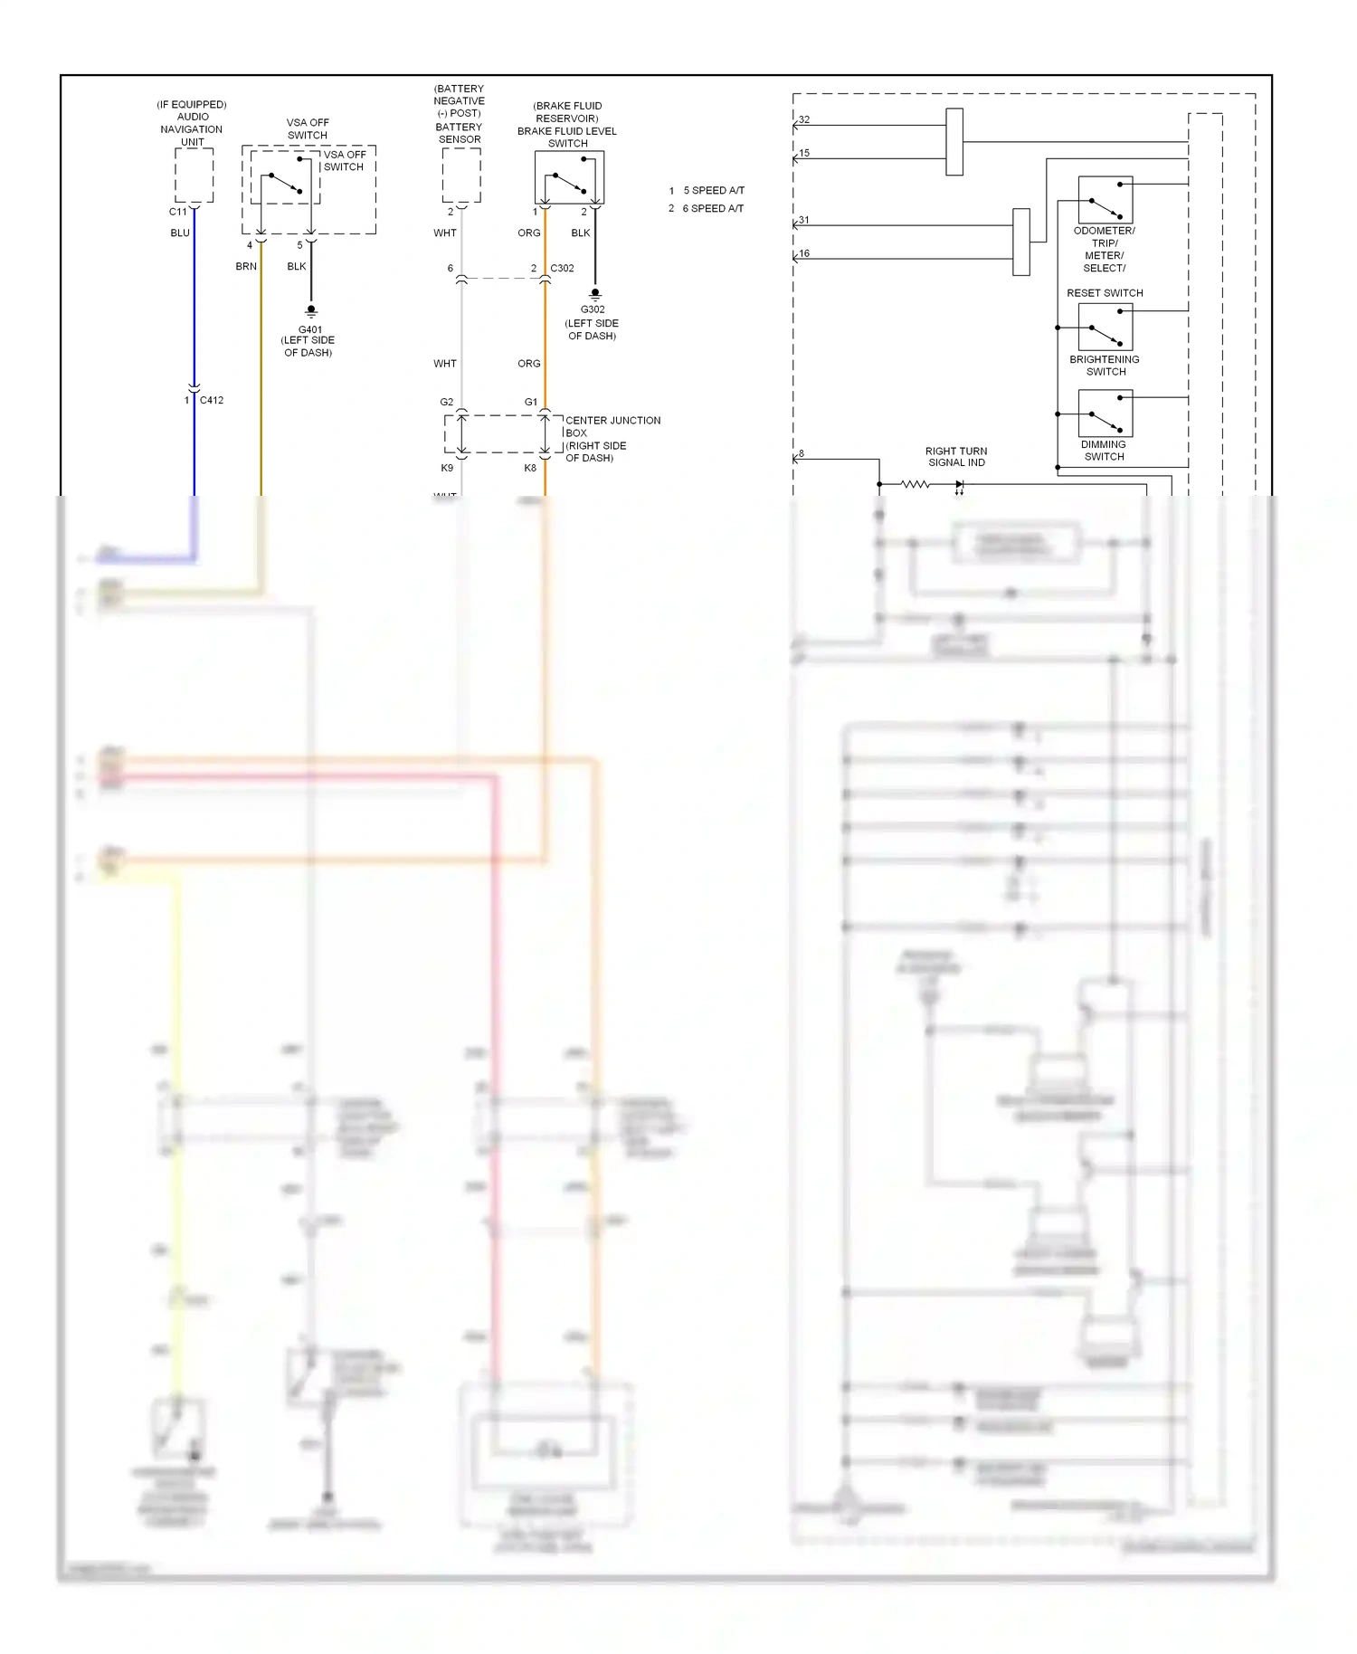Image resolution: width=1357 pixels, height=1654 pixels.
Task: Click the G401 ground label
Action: tap(309, 329)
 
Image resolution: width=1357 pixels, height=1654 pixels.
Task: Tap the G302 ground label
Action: tap(593, 309)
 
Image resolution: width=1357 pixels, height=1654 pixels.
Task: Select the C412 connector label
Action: tap(212, 400)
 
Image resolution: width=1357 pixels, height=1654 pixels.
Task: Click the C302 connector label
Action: tap(562, 268)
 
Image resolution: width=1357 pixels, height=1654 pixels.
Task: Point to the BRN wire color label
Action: tap(246, 266)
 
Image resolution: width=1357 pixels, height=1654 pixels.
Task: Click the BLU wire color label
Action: tap(180, 233)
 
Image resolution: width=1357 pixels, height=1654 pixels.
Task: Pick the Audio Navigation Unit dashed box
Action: tap(194, 176)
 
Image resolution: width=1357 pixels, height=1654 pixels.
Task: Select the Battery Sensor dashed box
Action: tap(461, 176)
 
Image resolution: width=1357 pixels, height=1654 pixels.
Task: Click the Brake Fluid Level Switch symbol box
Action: tap(569, 177)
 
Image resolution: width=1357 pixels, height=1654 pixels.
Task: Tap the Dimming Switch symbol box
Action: tap(1106, 413)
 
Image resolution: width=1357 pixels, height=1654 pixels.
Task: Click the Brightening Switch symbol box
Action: tap(1106, 327)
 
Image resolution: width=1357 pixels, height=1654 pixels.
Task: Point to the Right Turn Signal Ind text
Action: tap(956, 457)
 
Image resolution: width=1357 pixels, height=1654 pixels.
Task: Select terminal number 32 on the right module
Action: tap(804, 119)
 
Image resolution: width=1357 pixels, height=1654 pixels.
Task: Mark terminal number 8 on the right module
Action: tap(802, 453)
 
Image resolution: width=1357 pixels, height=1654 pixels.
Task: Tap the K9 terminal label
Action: tap(447, 468)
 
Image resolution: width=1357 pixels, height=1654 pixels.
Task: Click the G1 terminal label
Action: tap(531, 402)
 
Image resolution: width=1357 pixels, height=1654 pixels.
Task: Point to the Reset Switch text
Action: tap(1105, 293)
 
